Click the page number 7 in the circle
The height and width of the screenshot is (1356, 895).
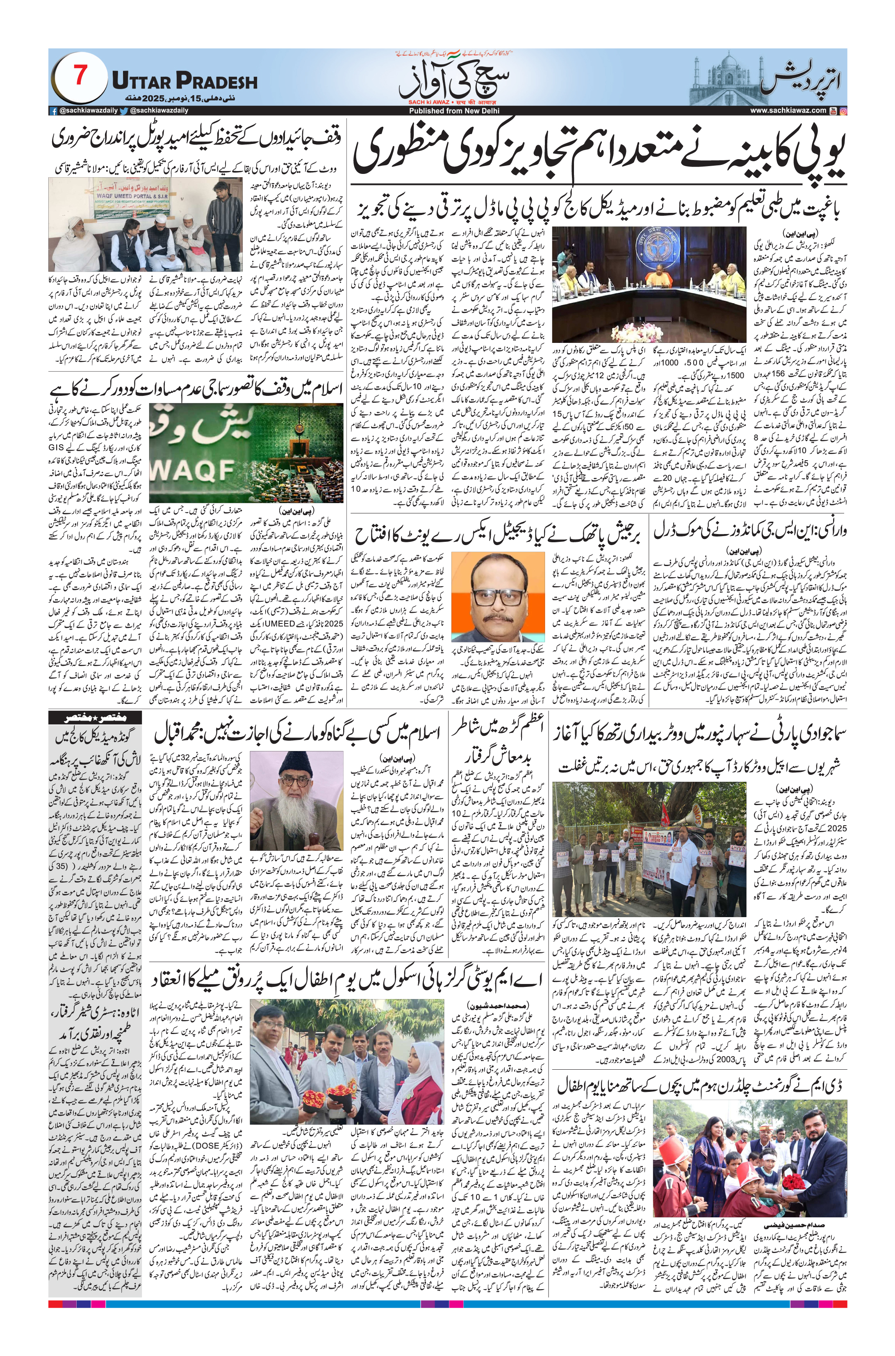(x=79, y=75)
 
